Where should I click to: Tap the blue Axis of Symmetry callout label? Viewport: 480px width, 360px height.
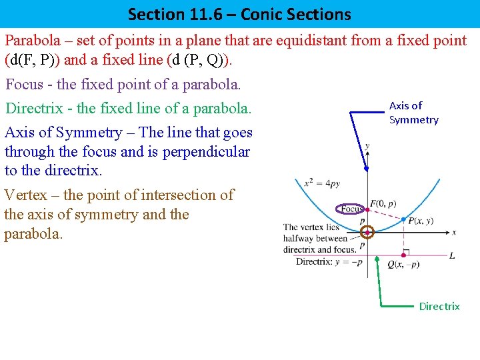[x=413, y=113]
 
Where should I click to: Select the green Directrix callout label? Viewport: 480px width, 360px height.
[x=439, y=306]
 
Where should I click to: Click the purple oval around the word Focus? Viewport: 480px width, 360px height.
[x=349, y=209]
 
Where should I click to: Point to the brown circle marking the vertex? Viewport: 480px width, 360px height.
[x=367, y=232]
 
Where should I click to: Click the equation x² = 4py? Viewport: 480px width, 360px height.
[x=321, y=183]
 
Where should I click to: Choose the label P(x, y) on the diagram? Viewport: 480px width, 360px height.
[x=421, y=221]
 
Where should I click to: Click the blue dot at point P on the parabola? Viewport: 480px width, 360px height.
[x=404, y=219]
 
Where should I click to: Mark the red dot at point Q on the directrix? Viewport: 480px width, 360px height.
[x=404, y=254]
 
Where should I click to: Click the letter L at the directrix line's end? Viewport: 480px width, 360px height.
[x=452, y=255]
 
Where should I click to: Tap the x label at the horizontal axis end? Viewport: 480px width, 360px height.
[x=454, y=232]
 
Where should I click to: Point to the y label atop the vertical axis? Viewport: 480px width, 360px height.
[x=367, y=145]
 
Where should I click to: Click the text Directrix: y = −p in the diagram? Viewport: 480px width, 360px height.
[x=329, y=262]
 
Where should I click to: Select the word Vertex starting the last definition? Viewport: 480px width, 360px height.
[x=25, y=195]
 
